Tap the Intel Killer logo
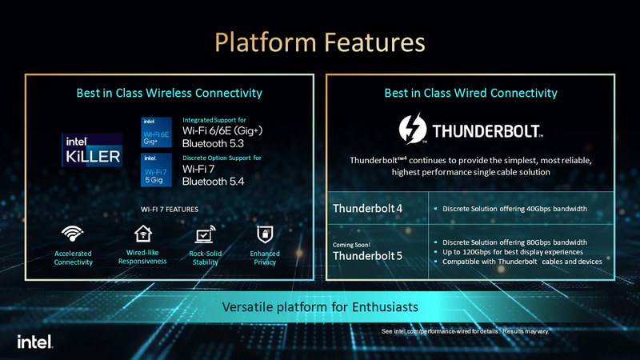(93, 149)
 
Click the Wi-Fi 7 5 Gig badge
(155, 170)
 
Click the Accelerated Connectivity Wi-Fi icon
(74, 234)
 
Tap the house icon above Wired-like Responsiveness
(142, 234)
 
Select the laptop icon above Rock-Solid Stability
(204, 235)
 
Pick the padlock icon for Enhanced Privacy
(264, 234)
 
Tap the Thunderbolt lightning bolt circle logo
(414, 130)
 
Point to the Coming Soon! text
(351, 243)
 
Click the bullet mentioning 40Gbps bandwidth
(514, 210)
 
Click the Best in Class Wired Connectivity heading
(471, 94)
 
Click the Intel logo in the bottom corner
(34, 342)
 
